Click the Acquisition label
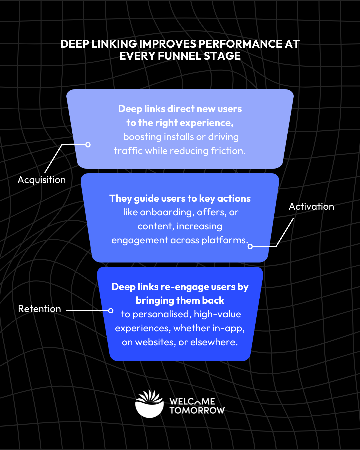[x=42, y=180]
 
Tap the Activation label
[x=311, y=207]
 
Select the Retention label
[x=39, y=309]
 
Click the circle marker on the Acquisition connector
[x=88, y=145]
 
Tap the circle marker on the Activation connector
[x=250, y=246]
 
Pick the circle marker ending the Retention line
[x=111, y=311]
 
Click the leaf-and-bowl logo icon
[x=150, y=404]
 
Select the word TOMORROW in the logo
[x=197, y=410]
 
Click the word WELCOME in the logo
[x=192, y=401]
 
